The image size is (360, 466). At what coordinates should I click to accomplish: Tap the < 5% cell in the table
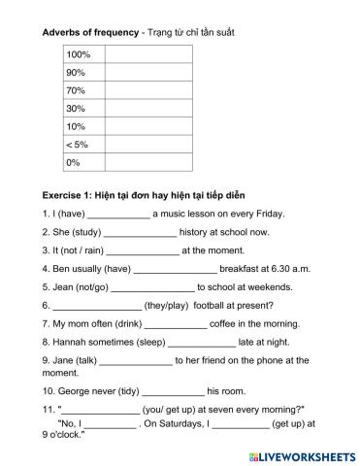(x=78, y=145)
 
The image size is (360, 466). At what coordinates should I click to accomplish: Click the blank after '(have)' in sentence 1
(x=118, y=215)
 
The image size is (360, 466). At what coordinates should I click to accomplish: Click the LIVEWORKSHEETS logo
(x=301, y=454)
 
